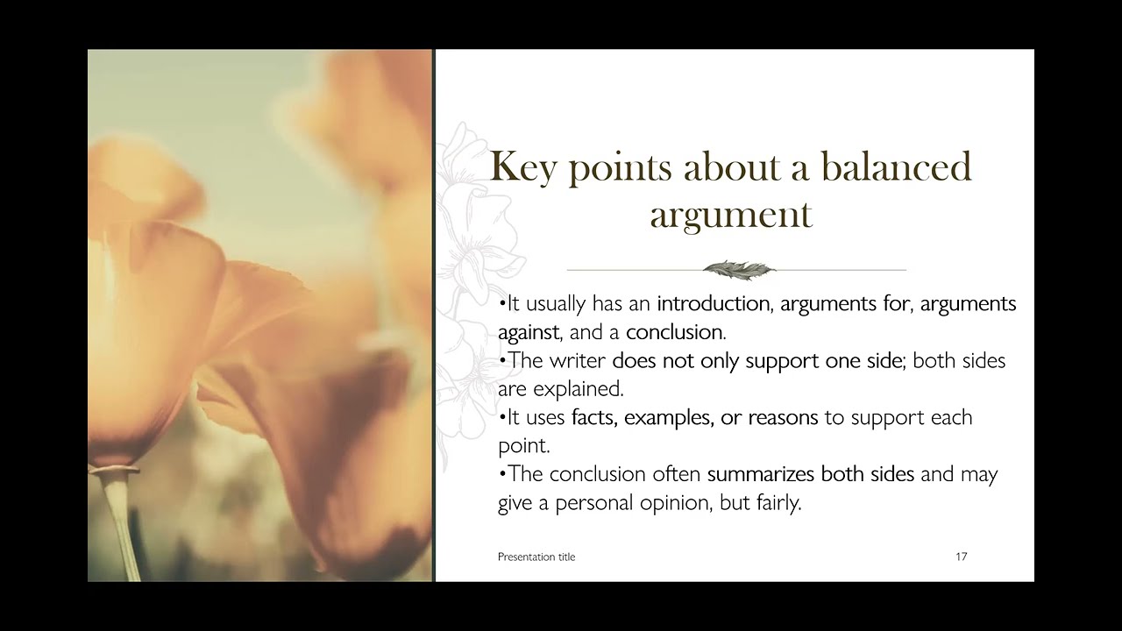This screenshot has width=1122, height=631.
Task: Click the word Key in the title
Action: tap(522, 167)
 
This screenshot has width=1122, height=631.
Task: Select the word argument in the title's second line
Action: tap(731, 215)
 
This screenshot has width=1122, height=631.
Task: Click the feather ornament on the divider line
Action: tap(739, 269)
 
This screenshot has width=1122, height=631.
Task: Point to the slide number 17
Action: tap(961, 557)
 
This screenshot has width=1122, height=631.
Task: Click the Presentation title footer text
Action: tap(536, 557)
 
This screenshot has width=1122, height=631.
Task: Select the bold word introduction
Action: tap(713, 303)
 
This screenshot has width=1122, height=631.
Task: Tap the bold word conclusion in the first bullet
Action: tap(674, 332)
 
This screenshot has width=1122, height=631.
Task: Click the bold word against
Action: tap(529, 332)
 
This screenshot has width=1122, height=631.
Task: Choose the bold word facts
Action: tap(594, 417)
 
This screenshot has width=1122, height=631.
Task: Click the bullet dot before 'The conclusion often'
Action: tap(501, 474)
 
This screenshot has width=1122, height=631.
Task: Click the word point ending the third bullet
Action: tap(523, 445)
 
